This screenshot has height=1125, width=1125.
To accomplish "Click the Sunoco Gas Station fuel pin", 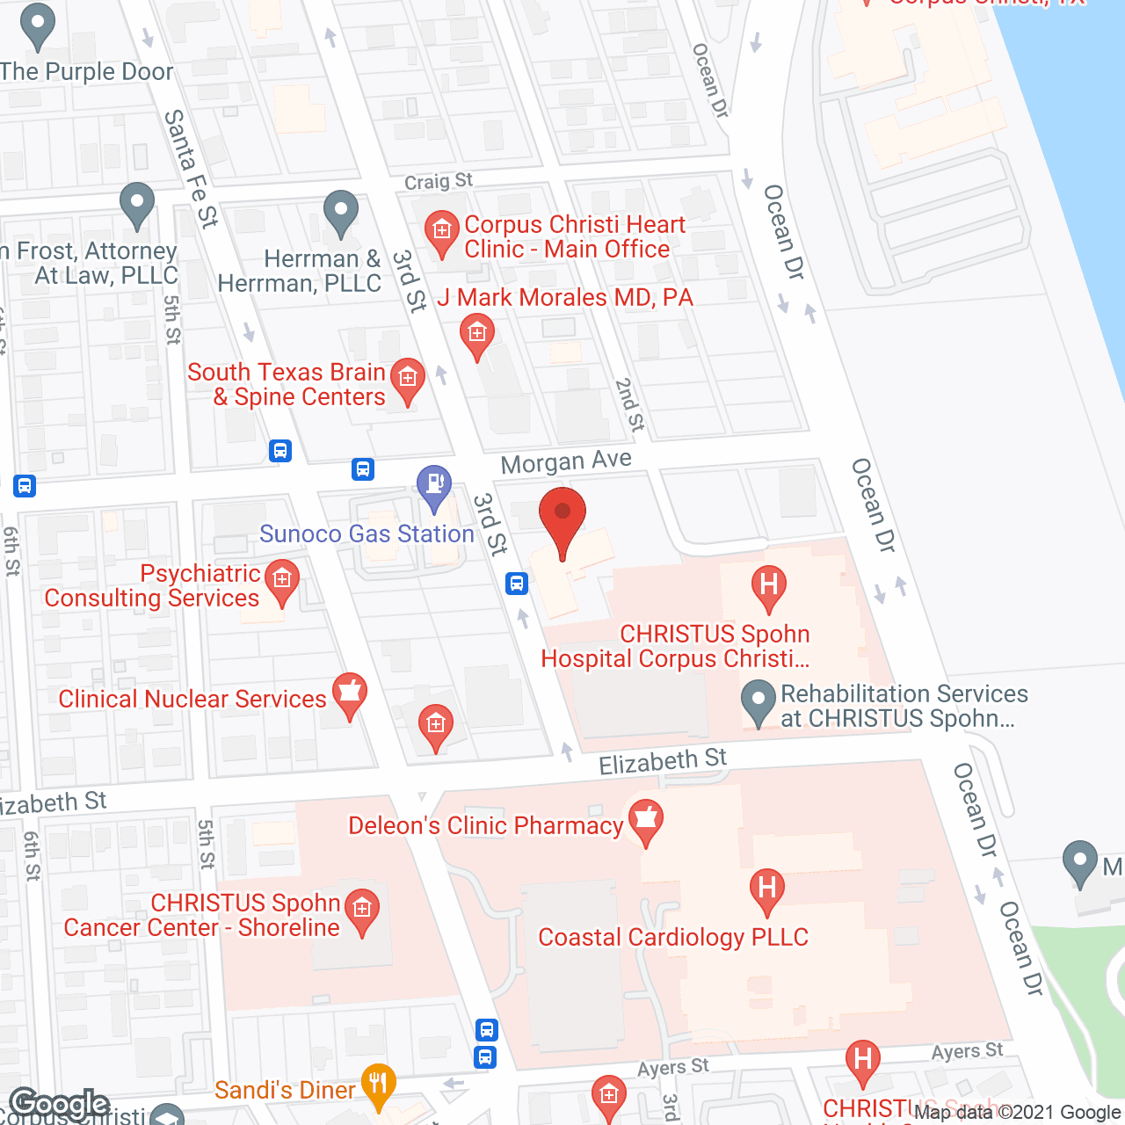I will [433, 486].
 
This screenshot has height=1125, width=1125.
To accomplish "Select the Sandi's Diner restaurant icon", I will [378, 1085].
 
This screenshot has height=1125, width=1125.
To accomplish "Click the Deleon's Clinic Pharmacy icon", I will [646, 819].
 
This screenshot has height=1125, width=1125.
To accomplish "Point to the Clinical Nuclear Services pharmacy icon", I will [350, 693].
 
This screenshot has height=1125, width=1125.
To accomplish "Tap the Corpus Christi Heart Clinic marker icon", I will [442, 233].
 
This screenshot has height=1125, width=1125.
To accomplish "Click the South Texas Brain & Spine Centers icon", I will [407, 380].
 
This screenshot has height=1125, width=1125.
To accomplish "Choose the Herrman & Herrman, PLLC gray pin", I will [341, 212].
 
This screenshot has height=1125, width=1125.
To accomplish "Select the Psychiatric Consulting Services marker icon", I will [282, 580].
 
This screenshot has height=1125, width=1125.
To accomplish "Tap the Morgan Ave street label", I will [566, 461].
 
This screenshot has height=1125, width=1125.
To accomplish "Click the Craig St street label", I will [438, 182].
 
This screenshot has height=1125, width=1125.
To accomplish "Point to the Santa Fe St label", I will [191, 168].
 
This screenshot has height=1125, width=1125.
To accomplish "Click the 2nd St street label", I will [629, 404].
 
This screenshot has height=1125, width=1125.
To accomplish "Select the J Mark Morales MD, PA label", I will [565, 298].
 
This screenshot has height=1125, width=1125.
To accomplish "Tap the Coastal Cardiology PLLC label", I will [673, 938].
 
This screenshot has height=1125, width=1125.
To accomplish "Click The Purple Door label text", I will [87, 72].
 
